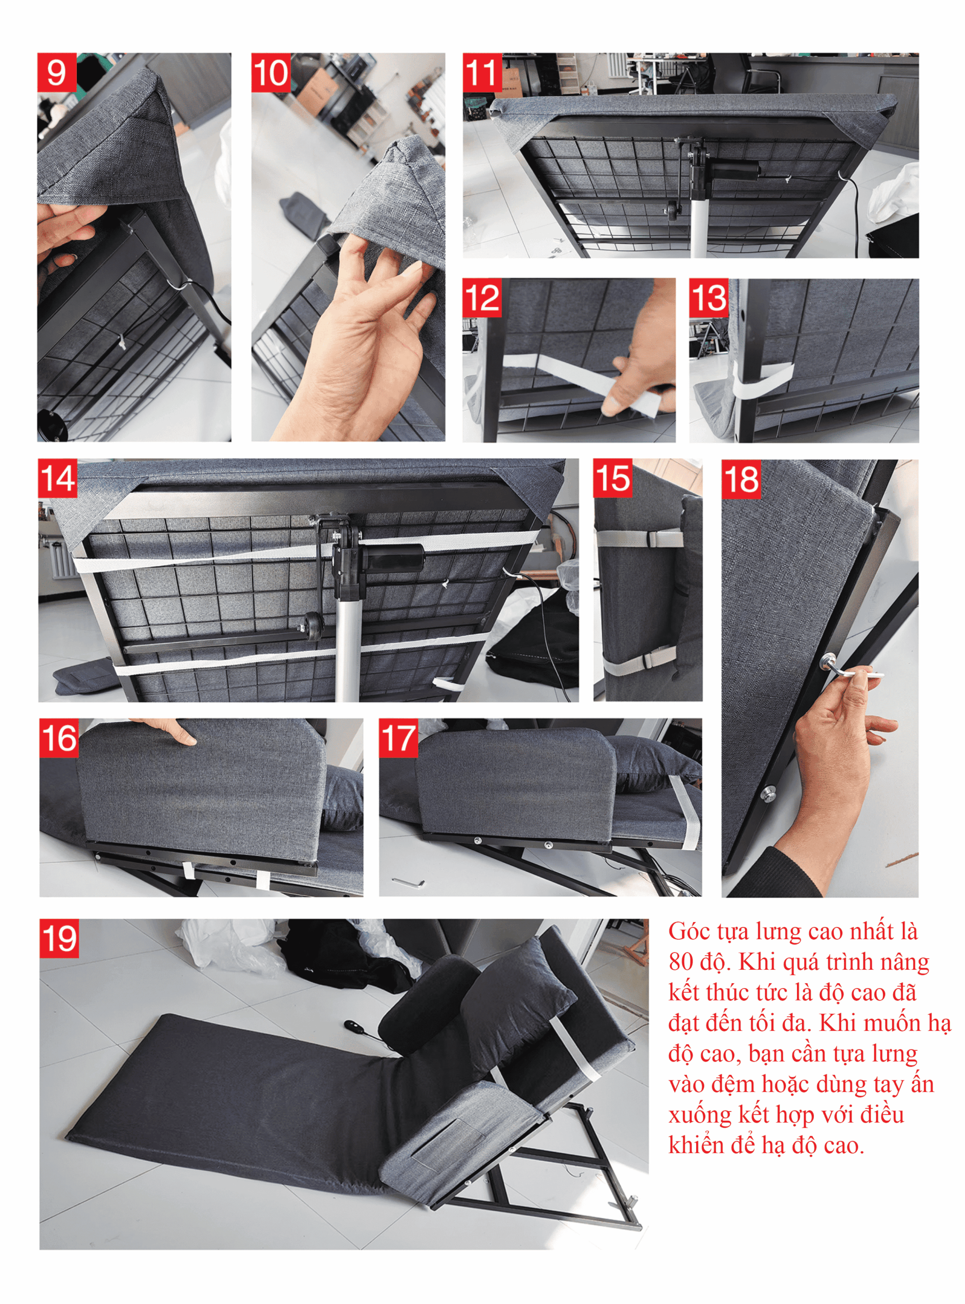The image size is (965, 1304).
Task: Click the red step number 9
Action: point(57,72)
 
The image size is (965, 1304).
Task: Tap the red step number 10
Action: point(271,72)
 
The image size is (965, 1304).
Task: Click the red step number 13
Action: point(708,298)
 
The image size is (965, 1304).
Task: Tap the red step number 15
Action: point(613,478)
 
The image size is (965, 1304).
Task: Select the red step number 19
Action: point(59,939)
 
